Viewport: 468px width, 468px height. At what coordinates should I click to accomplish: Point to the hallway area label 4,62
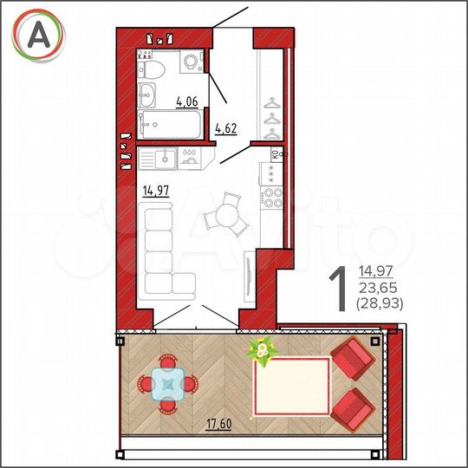tap(225, 130)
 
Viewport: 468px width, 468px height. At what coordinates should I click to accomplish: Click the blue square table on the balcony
tap(168, 383)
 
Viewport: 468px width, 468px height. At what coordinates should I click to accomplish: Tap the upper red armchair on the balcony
tap(351, 357)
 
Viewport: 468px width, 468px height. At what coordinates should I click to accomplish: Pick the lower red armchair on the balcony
tap(351, 406)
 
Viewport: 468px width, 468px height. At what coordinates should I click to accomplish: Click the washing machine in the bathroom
tap(191, 62)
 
